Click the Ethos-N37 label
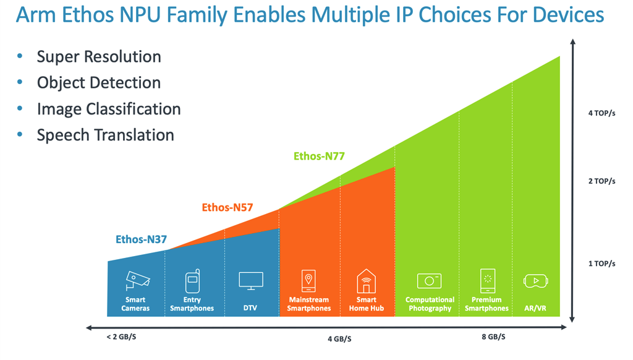pos(142,239)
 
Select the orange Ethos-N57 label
pos(227,208)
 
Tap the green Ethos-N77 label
pos(319,156)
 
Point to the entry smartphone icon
pos(193,281)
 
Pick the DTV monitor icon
pos(251,281)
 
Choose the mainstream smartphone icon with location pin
pos(309,281)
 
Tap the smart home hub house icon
pos(366,281)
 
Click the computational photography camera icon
pos(429,281)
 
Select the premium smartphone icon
pos(488,281)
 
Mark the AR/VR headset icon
pos(536,281)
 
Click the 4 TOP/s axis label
pos(601,114)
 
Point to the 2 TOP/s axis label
pos(601,181)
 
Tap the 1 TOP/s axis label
pos(601,264)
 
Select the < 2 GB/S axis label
pos(121,337)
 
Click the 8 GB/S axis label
pos(493,337)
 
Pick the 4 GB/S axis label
pos(339,339)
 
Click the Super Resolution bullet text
pos(99,57)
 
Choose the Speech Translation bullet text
pos(105,135)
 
